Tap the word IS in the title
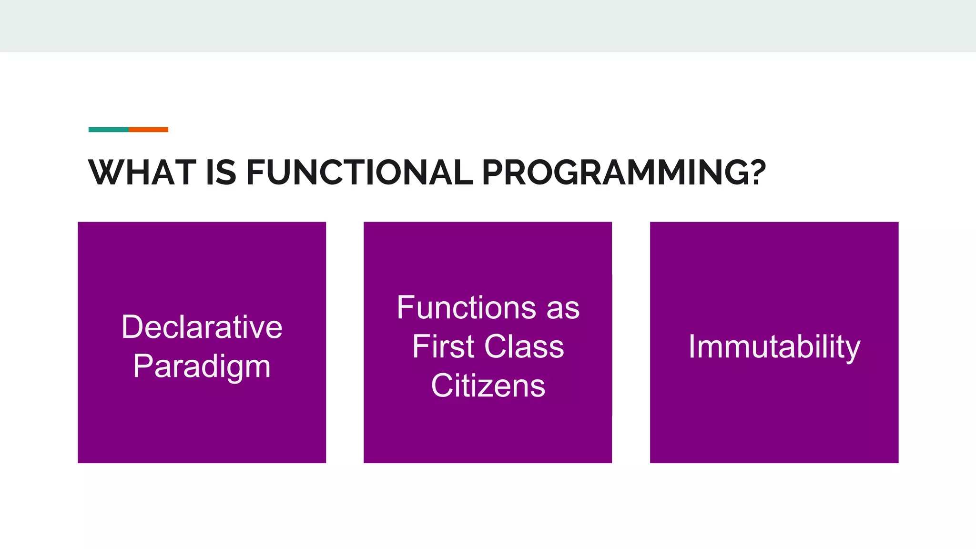coord(221,172)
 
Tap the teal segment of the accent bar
coord(109,130)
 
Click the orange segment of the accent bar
coord(148,130)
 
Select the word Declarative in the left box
coord(202,327)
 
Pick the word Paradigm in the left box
coord(202,367)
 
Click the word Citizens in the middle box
coord(488,386)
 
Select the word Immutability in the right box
coord(774,347)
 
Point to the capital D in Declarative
coord(132,327)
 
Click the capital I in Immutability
coord(692,346)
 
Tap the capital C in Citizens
coord(441,386)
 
